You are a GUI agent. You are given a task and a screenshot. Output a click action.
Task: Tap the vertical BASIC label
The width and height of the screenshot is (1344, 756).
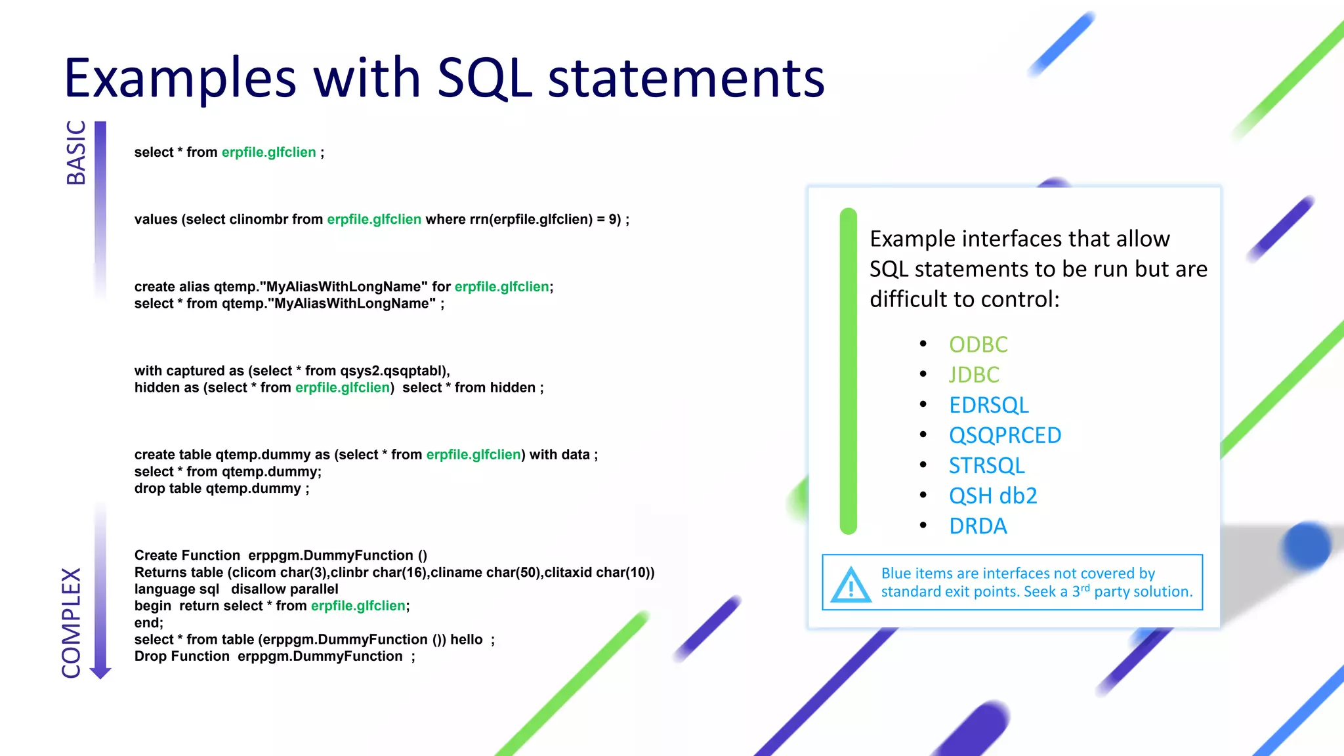pyautogui.click(x=76, y=152)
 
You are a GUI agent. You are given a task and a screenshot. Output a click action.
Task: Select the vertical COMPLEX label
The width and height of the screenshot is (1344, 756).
pyautogui.click(x=72, y=623)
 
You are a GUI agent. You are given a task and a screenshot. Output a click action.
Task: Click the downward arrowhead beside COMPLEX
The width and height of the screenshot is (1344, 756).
pyautogui.click(x=100, y=673)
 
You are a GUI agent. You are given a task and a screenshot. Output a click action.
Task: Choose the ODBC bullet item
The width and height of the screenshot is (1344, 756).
pyautogui.click(x=978, y=345)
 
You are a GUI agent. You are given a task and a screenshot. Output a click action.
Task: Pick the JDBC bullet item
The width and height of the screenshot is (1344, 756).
pyautogui.click(x=974, y=375)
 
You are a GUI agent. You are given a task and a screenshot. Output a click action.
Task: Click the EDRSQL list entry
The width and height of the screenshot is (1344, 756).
pyautogui.click(x=988, y=405)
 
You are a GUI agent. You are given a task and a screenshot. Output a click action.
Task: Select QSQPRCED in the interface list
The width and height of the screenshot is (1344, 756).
pyautogui.click(x=1005, y=435)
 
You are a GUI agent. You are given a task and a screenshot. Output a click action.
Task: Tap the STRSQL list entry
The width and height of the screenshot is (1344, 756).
pyautogui.click(x=986, y=465)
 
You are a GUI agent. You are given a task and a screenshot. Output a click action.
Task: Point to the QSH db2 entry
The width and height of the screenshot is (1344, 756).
pyautogui.click(x=993, y=495)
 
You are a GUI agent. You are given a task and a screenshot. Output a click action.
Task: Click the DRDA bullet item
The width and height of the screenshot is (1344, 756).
pyautogui.click(x=978, y=526)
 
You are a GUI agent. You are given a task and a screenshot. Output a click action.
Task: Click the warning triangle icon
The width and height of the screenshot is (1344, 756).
pyautogui.click(x=850, y=585)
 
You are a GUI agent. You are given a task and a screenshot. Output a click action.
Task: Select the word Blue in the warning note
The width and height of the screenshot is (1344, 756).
pyautogui.click(x=896, y=574)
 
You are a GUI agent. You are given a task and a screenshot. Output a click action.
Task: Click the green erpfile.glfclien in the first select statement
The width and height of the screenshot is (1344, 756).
pyautogui.click(x=268, y=152)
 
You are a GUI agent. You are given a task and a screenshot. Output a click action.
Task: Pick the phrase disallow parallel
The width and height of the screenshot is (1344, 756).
pyautogui.click(x=284, y=589)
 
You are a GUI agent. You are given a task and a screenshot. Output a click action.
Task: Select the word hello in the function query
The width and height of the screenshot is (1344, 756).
pyautogui.click(x=466, y=640)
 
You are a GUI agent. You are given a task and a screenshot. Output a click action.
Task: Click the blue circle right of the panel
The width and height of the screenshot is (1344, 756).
pyautogui.click(x=1306, y=545)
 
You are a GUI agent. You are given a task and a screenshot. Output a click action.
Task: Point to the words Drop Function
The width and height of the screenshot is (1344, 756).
pyautogui.click(x=182, y=657)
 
